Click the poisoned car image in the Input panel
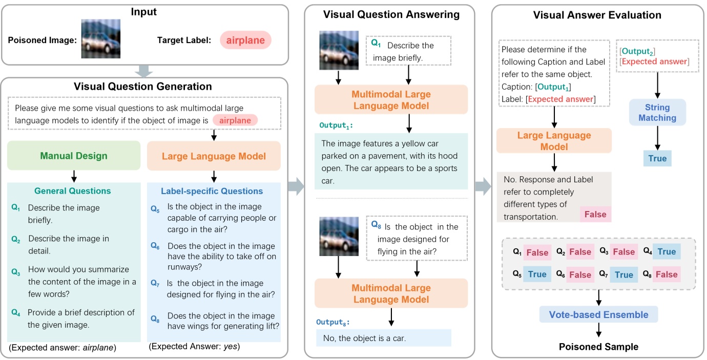click(x=101, y=39)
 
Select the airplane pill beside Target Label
click(x=245, y=40)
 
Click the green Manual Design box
click(x=74, y=155)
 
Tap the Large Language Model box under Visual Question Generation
click(x=214, y=155)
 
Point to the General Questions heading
click(x=73, y=191)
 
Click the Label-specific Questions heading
click(x=212, y=191)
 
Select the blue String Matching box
click(x=657, y=113)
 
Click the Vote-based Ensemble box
click(x=598, y=314)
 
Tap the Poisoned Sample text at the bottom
click(x=598, y=347)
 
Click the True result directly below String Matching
click(x=657, y=158)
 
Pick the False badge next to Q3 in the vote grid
click(x=623, y=252)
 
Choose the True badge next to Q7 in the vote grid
click(x=623, y=275)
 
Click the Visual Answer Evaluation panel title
click(x=597, y=15)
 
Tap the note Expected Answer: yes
click(x=194, y=347)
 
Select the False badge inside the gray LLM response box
click(x=595, y=215)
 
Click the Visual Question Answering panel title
click(x=391, y=15)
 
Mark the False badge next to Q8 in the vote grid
click(x=667, y=275)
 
